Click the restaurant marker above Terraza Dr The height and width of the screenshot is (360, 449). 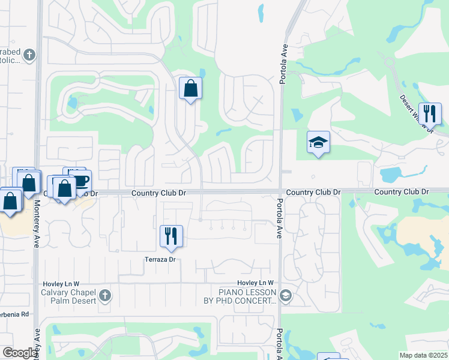click(171, 236)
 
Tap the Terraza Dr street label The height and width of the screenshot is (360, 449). click(159, 260)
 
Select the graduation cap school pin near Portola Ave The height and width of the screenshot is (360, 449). click(318, 142)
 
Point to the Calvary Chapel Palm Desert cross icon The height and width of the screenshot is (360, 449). click(105, 295)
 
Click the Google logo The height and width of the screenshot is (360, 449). click(19, 353)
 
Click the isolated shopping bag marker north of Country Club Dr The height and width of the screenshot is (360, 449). click(190, 89)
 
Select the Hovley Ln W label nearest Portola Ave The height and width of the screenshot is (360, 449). click(255, 283)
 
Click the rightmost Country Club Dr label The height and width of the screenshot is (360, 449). click(402, 191)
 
